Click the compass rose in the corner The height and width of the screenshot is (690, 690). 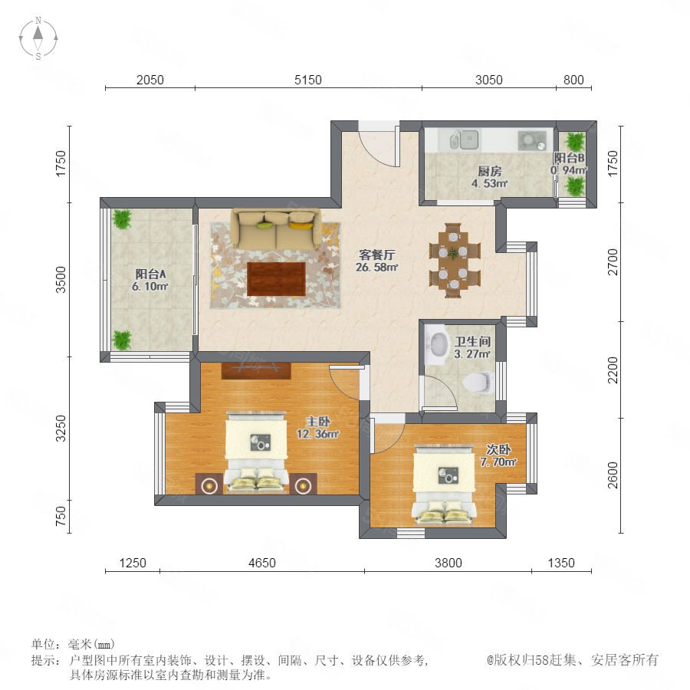point(38,38)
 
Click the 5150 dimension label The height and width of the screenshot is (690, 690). point(308,80)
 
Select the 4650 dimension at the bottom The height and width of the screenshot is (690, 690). point(262,563)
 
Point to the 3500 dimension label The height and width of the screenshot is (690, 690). point(61,279)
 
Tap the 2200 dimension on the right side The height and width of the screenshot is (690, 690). point(613,370)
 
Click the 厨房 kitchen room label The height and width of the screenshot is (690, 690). point(489,171)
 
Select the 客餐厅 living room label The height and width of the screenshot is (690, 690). point(377,255)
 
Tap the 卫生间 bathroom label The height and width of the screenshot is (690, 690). point(472,341)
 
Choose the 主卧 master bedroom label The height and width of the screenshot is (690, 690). point(317,421)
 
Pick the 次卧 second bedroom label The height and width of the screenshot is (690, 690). point(498,449)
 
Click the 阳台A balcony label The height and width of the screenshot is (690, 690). point(150,274)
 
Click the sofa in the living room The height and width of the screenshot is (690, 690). point(276,228)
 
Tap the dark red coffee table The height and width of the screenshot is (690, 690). point(276,279)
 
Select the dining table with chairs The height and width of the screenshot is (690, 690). point(455,261)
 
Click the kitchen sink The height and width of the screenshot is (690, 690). point(465,140)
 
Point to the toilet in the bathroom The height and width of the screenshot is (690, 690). point(478,382)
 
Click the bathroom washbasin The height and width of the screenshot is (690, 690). point(438,343)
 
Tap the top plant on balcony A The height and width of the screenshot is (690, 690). point(121,219)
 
